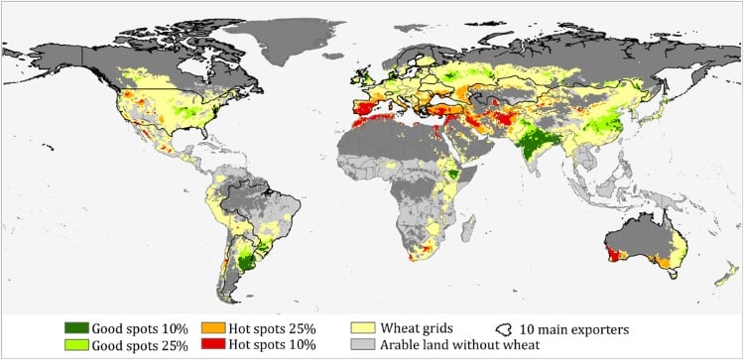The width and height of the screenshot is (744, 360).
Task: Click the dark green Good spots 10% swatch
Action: [74, 327]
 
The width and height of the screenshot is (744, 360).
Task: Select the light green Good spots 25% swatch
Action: [74, 345]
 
